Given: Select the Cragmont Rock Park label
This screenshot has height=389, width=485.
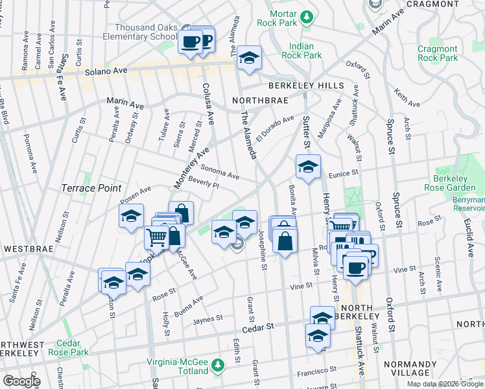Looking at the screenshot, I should [x=438, y=53].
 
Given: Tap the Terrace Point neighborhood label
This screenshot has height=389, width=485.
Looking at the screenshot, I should [x=91, y=188].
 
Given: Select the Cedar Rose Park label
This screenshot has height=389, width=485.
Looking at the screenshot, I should [x=72, y=348].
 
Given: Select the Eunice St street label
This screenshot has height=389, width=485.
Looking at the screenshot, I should [x=342, y=174].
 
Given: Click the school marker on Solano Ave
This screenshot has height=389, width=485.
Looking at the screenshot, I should [x=249, y=57].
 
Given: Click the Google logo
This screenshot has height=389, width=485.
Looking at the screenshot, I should [x=21, y=381].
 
